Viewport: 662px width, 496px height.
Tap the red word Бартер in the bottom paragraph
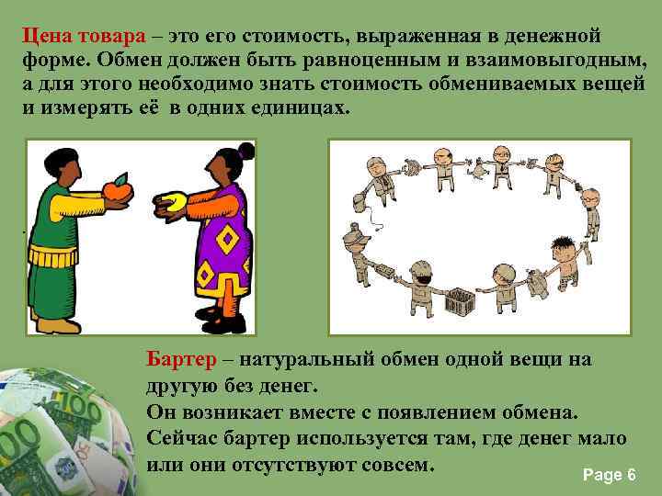tap(184, 359)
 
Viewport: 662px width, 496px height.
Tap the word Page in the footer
tap(601, 475)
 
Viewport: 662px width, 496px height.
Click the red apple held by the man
tap(117, 189)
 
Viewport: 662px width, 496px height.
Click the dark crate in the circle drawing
tap(461, 301)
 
